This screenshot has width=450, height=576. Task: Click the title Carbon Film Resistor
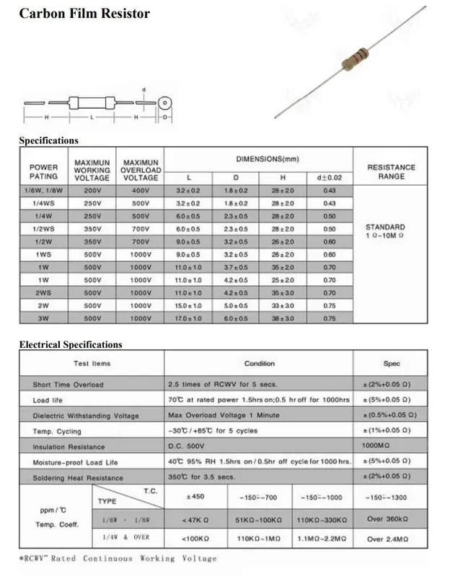pos(84,14)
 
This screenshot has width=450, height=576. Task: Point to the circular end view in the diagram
pos(164,102)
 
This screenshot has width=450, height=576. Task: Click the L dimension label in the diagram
pos(91,117)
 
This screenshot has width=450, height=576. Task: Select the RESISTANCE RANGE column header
pos(391,171)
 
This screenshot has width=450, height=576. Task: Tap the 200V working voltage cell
pos(92,190)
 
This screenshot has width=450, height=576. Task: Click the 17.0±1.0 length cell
pos(188,318)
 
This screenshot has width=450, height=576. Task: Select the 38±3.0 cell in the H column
pos(283,318)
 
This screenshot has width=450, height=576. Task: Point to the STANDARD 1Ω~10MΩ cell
pos(391,231)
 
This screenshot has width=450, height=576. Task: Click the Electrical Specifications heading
pos(71,345)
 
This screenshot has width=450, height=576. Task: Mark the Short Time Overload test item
pos(68,384)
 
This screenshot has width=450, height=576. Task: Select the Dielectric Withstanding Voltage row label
pos(86,416)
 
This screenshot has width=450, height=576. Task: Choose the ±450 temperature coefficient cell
pos(197,497)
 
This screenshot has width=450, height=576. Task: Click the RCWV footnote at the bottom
pos(118,558)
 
